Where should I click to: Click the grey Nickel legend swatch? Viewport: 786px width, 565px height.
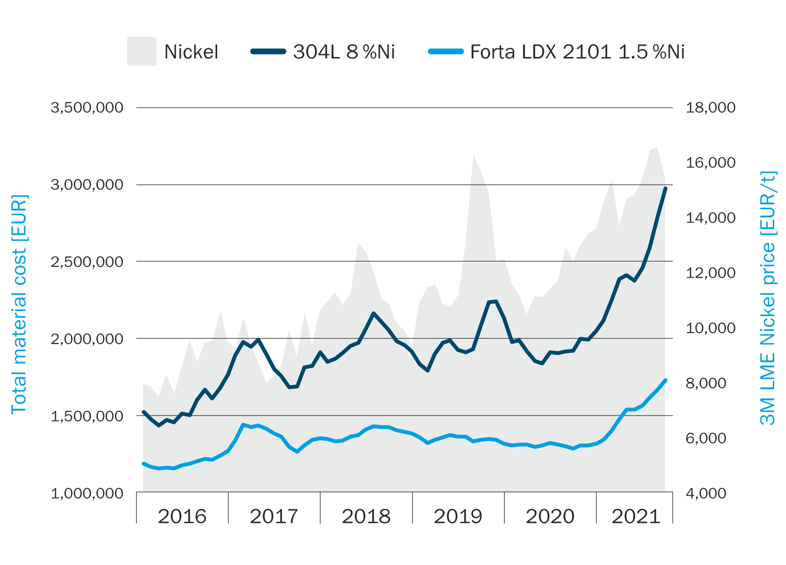click(141, 51)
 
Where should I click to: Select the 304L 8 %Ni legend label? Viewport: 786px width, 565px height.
click(344, 52)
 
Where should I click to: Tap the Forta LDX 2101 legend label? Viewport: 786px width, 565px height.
click(577, 52)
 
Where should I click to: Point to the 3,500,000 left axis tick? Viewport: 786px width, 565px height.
click(87, 107)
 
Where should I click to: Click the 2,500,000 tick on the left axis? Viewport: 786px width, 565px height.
click(87, 261)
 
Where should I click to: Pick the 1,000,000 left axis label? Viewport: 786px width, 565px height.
click(87, 493)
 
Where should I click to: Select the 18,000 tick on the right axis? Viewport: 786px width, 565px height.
click(710, 107)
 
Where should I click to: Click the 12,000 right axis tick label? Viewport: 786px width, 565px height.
click(710, 273)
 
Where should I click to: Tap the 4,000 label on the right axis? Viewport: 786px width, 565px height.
click(705, 493)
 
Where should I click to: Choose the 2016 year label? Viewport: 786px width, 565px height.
click(182, 516)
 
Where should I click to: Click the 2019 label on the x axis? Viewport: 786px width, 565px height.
click(458, 516)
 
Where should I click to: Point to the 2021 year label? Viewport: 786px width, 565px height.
click(636, 516)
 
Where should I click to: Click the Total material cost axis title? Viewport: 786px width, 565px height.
click(19, 305)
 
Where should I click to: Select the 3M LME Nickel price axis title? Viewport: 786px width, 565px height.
click(767, 298)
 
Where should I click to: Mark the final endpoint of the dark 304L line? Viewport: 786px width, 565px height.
click(665, 188)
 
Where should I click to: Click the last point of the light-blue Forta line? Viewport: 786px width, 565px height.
click(665, 380)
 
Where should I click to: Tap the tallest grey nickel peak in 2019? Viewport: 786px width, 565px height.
click(473, 155)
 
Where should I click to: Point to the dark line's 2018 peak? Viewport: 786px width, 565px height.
click(374, 313)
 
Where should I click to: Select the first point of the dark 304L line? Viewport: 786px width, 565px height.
click(143, 412)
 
